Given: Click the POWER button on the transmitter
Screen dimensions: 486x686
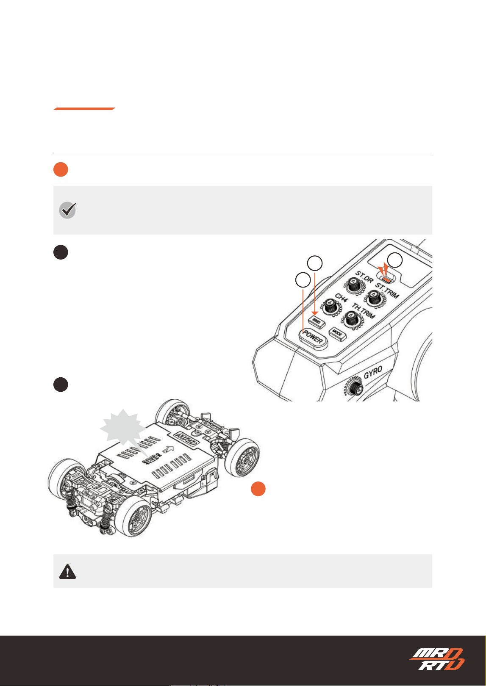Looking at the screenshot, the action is tap(313, 339).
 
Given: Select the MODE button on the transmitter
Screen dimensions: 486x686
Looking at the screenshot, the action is tap(337, 334).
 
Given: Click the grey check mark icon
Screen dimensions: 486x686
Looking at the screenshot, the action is tap(68, 210).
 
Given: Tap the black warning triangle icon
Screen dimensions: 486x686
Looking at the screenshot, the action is tap(67, 571).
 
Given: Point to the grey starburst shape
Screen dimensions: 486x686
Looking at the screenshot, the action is tap(122, 427).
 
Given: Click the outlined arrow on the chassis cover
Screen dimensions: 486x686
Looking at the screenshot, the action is tap(168, 449).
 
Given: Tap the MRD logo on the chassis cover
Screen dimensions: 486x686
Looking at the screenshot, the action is tap(186, 438).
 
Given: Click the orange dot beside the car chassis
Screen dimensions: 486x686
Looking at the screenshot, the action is tap(258, 489).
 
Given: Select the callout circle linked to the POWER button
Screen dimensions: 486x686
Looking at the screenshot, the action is tap(303, 280).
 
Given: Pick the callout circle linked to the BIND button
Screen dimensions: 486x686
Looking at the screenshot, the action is tap(315, 263).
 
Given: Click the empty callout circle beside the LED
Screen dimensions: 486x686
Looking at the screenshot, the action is tap(394, 260).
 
